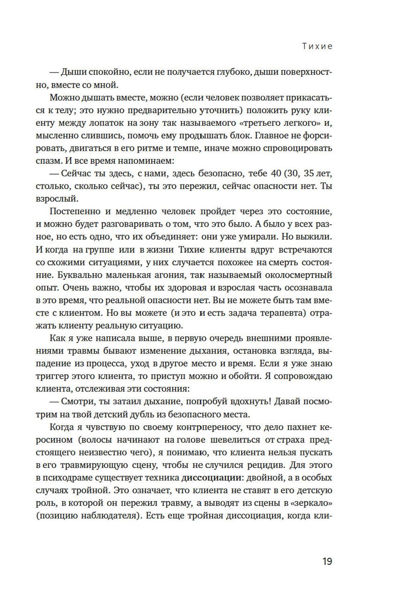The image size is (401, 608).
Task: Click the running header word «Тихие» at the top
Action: click(x=317, y=46)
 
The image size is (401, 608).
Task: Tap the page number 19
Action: click(x=327, y=562)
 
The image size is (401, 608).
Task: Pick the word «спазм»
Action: click(x=47, y=161)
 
